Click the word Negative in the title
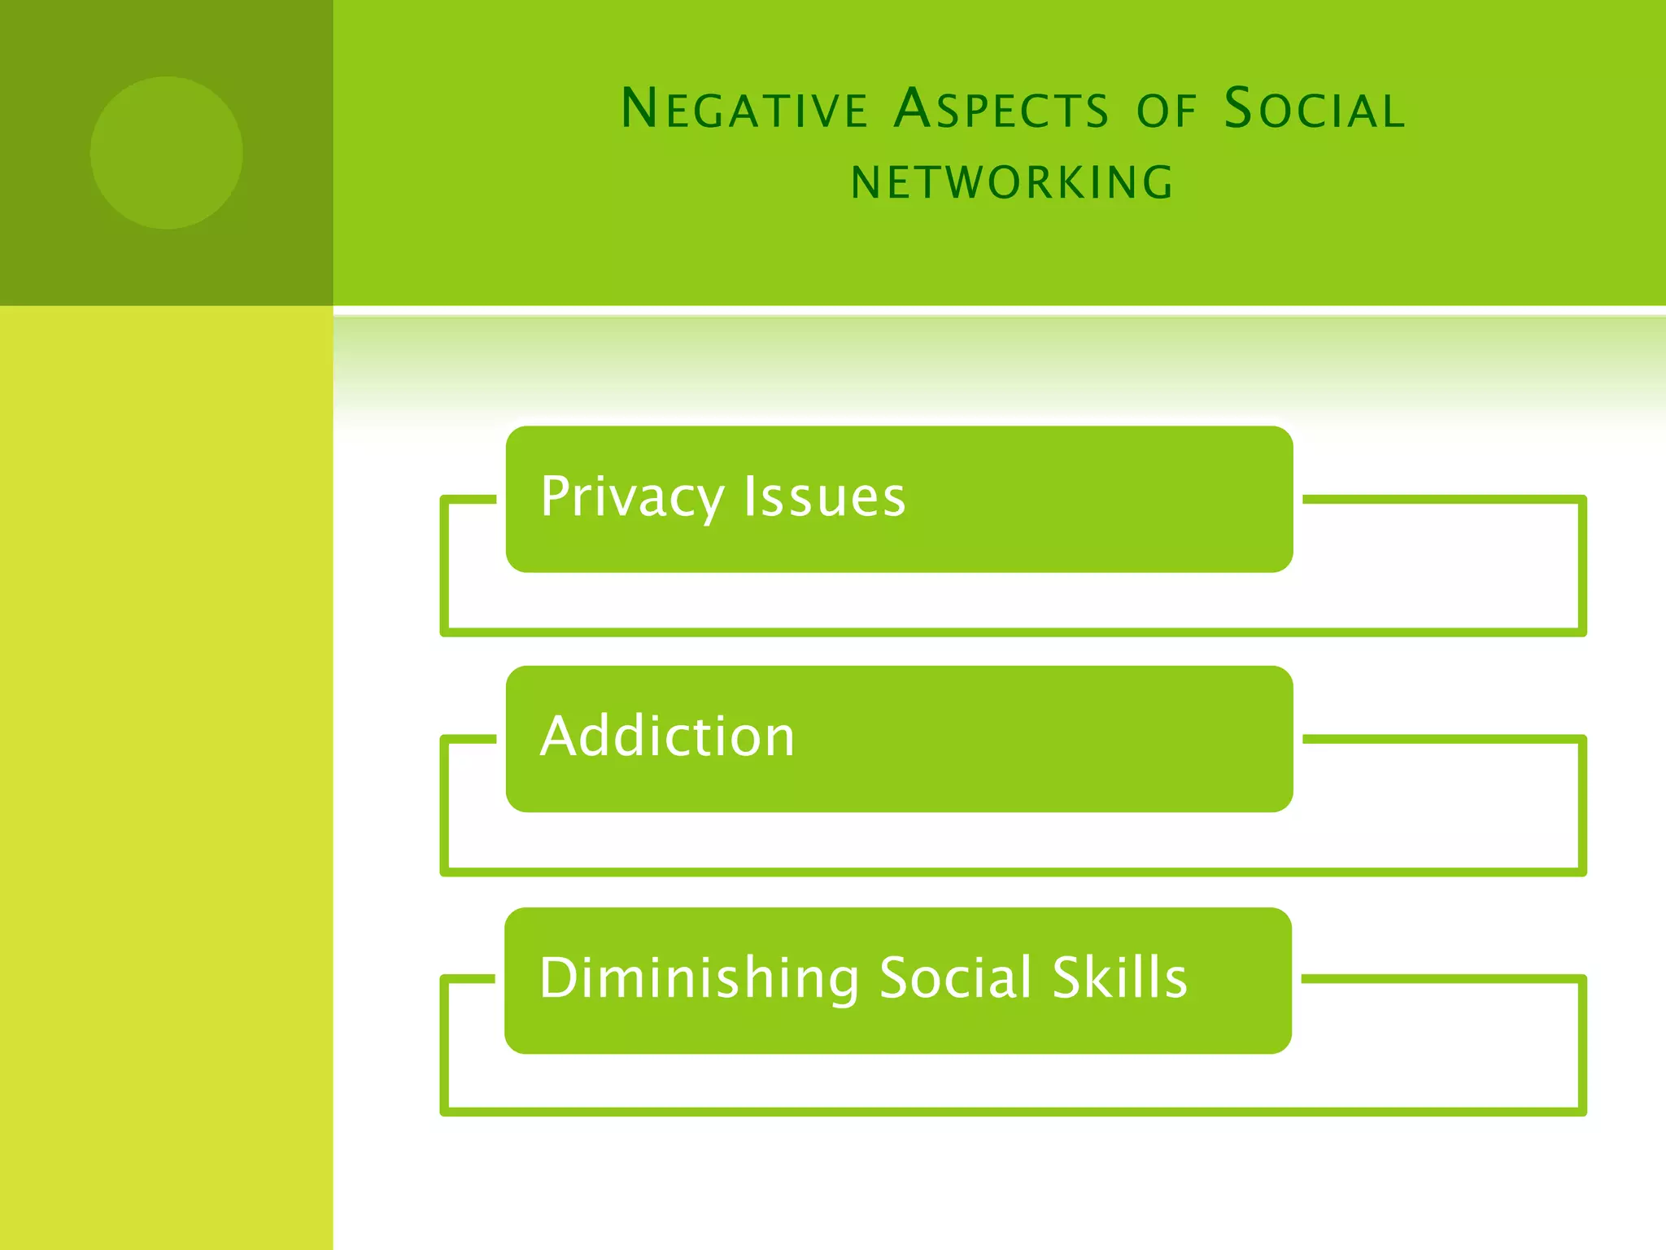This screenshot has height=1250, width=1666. pos(744,109)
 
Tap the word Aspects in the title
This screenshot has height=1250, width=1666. pos(1001,109)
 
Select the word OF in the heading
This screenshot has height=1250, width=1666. pos(1167,111)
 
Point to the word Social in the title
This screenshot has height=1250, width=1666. pos(1315,109)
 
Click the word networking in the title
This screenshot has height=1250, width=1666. pos(1012,182)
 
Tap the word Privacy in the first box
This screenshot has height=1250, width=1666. pos(631,496)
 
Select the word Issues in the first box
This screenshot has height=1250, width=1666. pos(824,496)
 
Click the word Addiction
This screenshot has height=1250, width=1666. pos(667,736)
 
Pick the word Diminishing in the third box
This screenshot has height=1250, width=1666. pos(699,977)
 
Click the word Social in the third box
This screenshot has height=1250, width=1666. pos(955,977)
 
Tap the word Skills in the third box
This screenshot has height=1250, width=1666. pos(1119,977)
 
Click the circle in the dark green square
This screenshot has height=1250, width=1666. pos(166,153)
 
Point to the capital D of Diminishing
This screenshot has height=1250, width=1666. pos(558,977)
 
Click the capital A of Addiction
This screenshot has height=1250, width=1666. pos(560,736)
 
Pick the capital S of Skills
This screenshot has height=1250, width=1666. pos(1068,977)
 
